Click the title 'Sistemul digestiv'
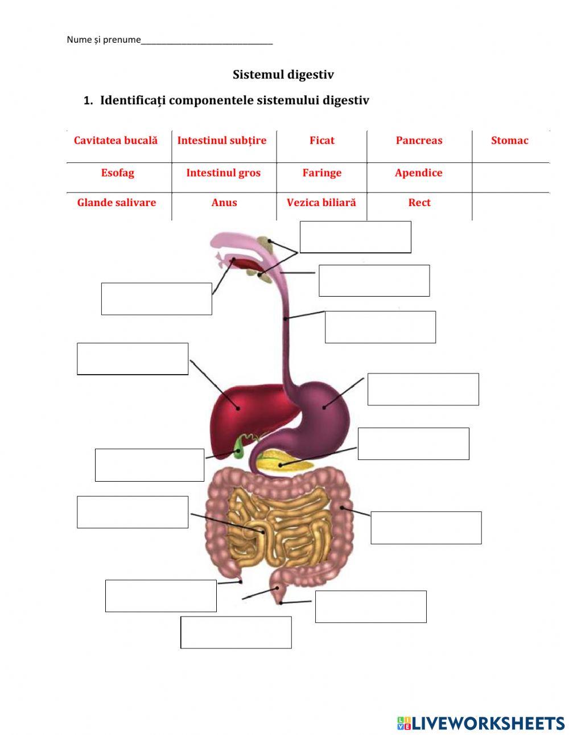click(283, 75)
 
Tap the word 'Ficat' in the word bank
click(321, 141)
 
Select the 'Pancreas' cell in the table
click(419, 141)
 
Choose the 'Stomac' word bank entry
click(509, 141)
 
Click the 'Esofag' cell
click(118, 173)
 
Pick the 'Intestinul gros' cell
click(223, 173)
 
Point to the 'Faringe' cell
click(321, 173)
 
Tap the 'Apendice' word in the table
click(418, 173)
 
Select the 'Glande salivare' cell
click(117, 203)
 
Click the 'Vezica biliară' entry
click(321, 203)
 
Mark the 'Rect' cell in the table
click(419, 203)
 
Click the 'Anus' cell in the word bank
click(224, 203)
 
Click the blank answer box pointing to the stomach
click(423, 389)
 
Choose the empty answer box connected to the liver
click(133, 359)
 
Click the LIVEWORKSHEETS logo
click(480, 723)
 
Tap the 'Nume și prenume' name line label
click(104, 40)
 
